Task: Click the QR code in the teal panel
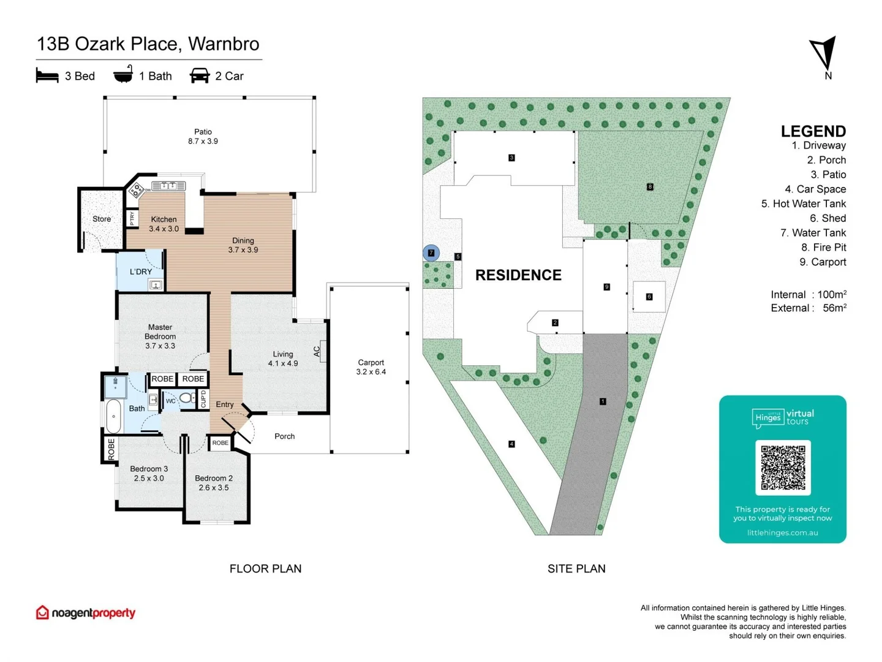click(x=783, y=467)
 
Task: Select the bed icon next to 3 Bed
click(x=47, y=76)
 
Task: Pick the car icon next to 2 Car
click(x=200, y=76)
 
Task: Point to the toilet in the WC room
click(x=186, y=398)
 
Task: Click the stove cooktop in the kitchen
click(x=136, y=189)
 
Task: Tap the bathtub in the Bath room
click(x=114, y=416)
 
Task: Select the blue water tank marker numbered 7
click(x=431, y=253)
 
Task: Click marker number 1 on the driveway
click(x=603, y=401)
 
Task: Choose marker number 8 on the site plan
click(x=650, y=186)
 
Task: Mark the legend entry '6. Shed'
click(x=827, y=218)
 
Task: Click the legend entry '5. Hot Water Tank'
click(x=803, y=204)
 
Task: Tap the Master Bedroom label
click(x=160, y=336)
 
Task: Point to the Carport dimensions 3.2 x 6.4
click(x=371, y=372)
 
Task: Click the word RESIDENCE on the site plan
click(x=518, y=275)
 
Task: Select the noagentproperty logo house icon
click(x=42, y=612)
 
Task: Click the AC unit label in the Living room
click(x=317, y=351)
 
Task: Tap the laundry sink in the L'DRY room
click(x=156, y=285)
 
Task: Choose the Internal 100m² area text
click(x=808, y=294)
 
